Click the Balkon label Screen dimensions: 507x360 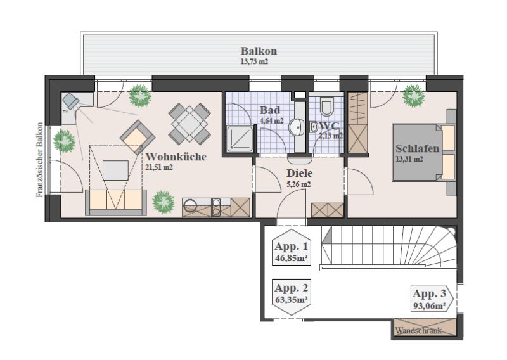pos(259,51)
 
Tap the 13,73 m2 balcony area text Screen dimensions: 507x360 pos(254,61)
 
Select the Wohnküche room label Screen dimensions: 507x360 pos(176,157)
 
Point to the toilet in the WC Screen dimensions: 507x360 pos(326,106)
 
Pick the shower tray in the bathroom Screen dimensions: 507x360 pos(240,139)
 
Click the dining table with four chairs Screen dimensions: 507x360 pos(189,124)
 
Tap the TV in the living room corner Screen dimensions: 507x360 pos(70,101)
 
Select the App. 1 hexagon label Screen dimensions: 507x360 pos(292,247)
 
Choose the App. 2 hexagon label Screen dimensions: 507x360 pos(292,293)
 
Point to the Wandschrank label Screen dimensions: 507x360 pos(418,331)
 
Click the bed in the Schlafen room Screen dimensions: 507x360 pos(423,152)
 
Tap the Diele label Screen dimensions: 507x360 pos(299,174)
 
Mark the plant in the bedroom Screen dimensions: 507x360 pos(413,96)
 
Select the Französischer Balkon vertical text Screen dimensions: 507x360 pos(39,160)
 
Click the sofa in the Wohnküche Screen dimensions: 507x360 pos(116,202)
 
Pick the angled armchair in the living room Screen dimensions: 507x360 pos(138,137)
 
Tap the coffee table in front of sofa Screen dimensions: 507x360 pos(115,170)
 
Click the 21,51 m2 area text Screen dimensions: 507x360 pos(159,167)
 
